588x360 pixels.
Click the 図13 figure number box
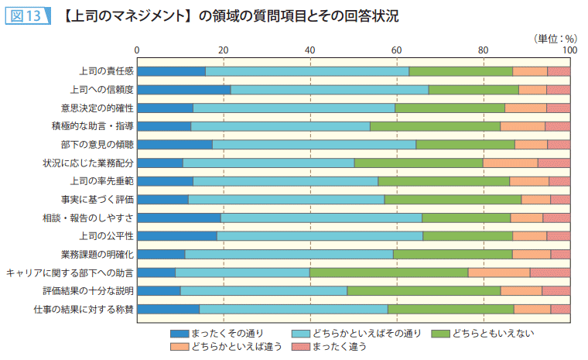click(26, 15)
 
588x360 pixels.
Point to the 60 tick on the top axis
click(397, 50)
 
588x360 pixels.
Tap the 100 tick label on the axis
click(569, 50)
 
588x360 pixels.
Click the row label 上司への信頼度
click(102, 90)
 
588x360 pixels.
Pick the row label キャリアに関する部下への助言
click(70, 273)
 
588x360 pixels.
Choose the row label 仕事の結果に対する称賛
click(84, 309)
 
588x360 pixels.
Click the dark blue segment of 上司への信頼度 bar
click(184, 90)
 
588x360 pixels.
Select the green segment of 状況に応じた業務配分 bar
click(419, 163)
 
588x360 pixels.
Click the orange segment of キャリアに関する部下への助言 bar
click(498, 273)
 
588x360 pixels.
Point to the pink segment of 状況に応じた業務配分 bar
click(553, 163)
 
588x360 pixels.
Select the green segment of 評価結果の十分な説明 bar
click(423, 291)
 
